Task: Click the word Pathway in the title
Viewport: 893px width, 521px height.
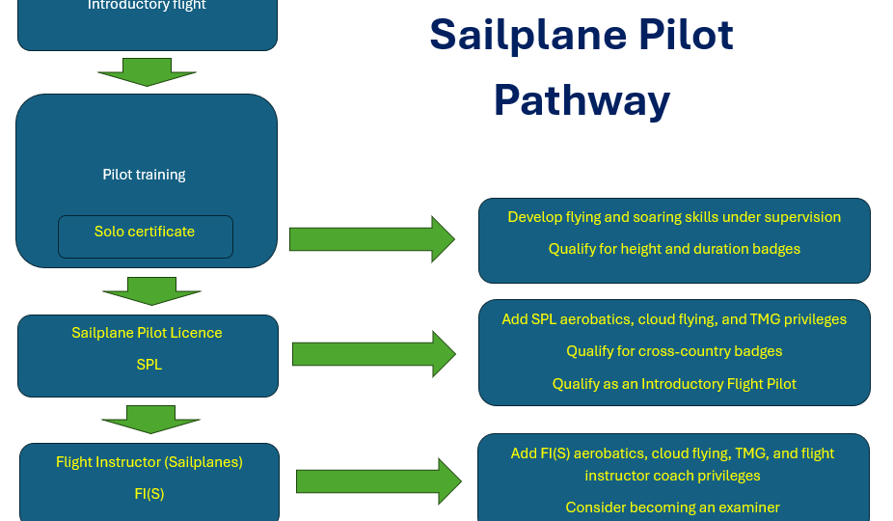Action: (x=582, y=100)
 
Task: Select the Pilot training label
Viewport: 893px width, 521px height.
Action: (x=145, y=176)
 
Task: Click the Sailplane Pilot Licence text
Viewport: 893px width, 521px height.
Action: (x=147, y=333)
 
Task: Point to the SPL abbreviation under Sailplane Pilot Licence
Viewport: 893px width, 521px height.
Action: (x=148, y=366)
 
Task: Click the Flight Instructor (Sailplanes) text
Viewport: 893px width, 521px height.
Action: (x=149, y=462)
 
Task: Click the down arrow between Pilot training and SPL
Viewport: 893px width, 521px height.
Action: (x=150, y=290)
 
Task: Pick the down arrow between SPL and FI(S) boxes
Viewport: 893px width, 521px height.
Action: (x=150, y=420)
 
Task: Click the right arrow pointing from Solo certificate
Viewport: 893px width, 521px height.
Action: (x=371, y=239)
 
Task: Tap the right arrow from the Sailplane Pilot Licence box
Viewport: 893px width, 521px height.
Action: (x=373, y=354)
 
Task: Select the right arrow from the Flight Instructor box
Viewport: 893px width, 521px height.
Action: (x=378, y=481)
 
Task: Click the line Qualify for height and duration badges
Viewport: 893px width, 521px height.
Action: (x=674, y=249)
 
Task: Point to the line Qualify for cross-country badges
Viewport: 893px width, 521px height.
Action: (x=674, y=351)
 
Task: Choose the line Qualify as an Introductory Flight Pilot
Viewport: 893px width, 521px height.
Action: (x=674, y=384)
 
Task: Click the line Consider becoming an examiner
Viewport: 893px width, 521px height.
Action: (x=672, y=507)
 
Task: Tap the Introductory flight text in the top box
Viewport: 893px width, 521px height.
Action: (x=147, y=6)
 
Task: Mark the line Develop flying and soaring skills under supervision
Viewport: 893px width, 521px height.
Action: (x=674, y=217)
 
